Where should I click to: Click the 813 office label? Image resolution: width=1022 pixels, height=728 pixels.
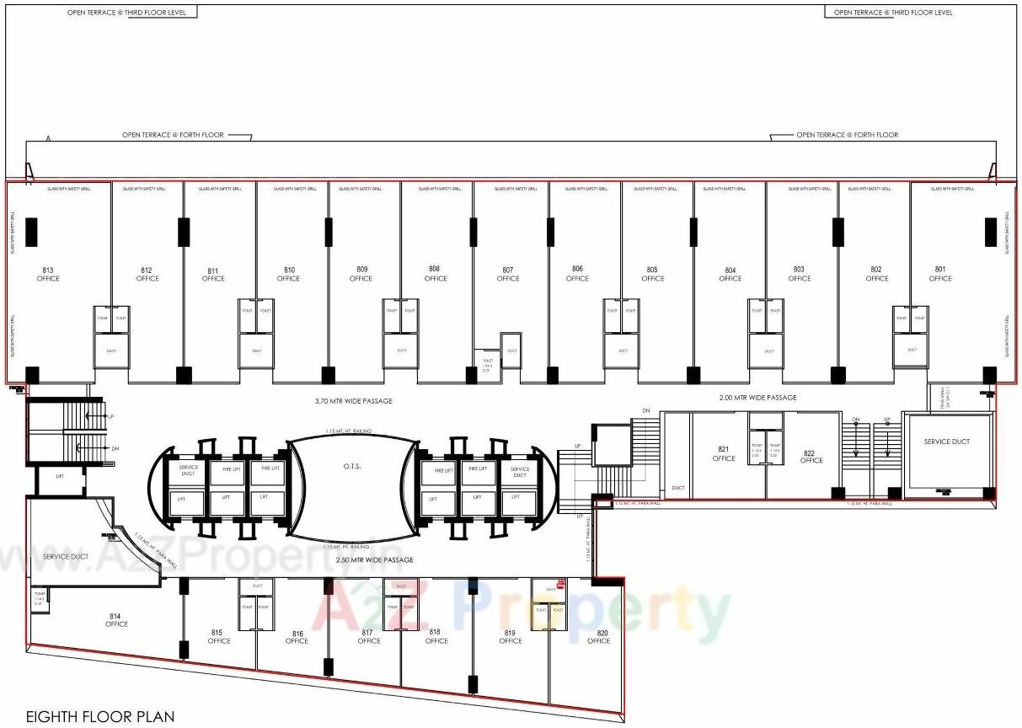click(48, 274)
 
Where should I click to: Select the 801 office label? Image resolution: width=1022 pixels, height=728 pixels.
click(940, 274)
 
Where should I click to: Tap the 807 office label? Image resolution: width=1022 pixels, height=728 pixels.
click(508, 274)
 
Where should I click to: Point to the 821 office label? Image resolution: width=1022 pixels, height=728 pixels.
click(724, 453)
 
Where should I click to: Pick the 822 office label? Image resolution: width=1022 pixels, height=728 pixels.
click(811, 456)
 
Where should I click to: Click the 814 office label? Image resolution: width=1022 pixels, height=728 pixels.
click(116, 619)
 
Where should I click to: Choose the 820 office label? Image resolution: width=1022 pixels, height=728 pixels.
click(598, 636)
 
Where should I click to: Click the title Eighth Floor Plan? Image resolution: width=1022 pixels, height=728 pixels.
click(100, 717)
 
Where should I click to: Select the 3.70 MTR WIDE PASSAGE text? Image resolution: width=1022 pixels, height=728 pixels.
click(355, 401)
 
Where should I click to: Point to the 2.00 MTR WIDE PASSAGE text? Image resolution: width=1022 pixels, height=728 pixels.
click(758, 398)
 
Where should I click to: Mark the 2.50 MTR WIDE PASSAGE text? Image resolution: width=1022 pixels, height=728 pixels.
click(375, 559)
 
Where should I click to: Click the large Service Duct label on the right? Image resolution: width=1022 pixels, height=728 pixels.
click(947, 442)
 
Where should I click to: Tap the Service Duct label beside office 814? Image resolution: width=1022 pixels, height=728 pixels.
click(66, 557)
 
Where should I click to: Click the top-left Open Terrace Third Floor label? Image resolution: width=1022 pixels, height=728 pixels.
click(132, 13)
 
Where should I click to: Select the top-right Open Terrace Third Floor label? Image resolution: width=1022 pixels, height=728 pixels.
click(893, 13)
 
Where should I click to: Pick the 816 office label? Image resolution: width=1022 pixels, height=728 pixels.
click(297, 636)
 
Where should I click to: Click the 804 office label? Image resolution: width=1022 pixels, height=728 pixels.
click(730, 274)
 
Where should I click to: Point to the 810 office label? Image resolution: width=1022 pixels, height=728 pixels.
click(288, 274)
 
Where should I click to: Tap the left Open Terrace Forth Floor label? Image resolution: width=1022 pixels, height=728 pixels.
click(173, 135)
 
